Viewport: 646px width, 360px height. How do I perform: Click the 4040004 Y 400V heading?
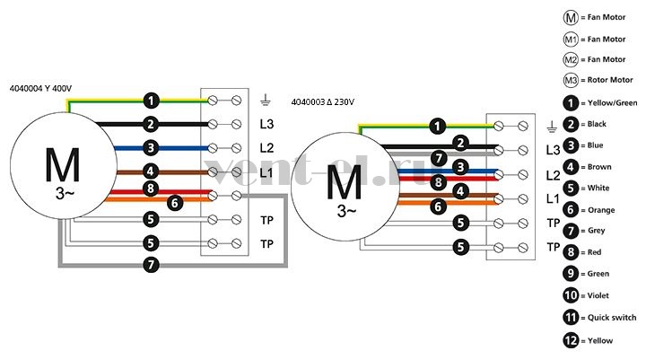[x=40, y=89]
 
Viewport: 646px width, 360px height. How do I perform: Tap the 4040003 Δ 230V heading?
[x=323, y=101]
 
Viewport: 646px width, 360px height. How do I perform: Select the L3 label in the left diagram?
[x=266, y=124]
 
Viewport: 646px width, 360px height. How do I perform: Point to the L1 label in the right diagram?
[x=553, y=199]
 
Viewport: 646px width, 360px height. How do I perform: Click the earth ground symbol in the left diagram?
[x=266, y=100]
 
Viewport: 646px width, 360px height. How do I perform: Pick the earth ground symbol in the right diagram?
[x=552, y=127]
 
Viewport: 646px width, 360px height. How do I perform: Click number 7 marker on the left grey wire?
[x=151, y=264]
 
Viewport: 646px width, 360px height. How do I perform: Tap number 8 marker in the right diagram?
[x=439, y=182]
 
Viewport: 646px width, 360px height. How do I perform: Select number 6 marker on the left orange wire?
[x=175, y=203]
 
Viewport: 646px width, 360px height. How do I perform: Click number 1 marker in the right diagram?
[x=438, y=127]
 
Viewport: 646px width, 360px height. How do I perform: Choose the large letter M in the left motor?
[x=62, y=165]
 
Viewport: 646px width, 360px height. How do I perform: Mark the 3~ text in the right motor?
[x=346, y=211]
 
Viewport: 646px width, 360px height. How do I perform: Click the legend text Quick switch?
[x=612, y=318]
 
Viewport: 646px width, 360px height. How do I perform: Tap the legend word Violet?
[x=598, y=295]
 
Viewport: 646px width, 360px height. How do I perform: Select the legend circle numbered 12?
[x=571, y=340]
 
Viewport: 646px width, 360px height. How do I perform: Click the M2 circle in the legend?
[x=571, y=60]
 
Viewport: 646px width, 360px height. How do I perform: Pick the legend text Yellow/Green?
[x=612, y=103]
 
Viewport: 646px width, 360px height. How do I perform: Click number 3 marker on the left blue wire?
[x=151, y=147]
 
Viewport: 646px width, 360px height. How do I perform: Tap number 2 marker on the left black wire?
[x=151, y=124]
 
